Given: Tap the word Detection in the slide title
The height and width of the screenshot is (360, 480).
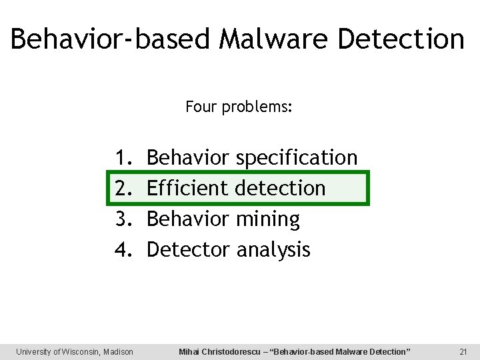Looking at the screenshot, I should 401,39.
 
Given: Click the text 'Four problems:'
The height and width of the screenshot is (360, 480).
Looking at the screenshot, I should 239,107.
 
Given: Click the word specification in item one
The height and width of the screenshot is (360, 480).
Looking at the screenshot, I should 297,159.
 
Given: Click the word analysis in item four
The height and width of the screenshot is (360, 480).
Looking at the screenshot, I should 273,250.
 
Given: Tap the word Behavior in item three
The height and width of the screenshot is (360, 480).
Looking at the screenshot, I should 188,219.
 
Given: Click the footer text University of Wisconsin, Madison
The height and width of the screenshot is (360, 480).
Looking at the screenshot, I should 75,351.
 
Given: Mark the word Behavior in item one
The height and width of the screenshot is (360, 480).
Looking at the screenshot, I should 188,158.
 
